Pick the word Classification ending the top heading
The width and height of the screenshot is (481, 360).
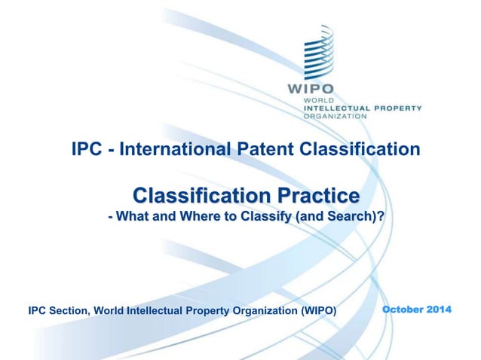(x=360, y=149)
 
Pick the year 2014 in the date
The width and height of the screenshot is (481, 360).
(x=440, y=310)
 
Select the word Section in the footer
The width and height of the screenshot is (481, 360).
(x=69, y=310)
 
